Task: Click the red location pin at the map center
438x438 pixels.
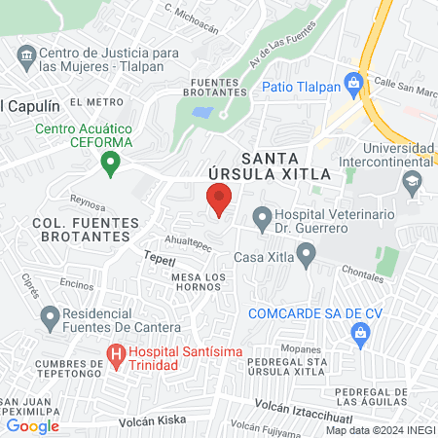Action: (219, 201)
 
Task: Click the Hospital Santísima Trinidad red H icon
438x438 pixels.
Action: (116, 356)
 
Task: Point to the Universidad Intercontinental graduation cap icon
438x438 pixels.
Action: (413, 181)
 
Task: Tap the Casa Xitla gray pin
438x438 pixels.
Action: (307, 257)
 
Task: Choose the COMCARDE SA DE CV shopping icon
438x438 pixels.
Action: (360, 336)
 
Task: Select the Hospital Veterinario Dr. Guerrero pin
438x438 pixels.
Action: (261, 217)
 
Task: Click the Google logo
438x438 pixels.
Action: (33, 424)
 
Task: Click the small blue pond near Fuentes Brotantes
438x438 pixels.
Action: (202, 112)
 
